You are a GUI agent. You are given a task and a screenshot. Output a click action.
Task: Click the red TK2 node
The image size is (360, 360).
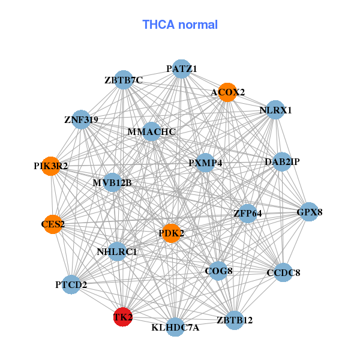click(x=122, y=317)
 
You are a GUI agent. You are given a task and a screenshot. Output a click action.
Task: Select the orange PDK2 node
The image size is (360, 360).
click(x=172, y=233)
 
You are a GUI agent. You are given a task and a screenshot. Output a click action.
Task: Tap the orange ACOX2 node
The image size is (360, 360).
click(x=227, y=92)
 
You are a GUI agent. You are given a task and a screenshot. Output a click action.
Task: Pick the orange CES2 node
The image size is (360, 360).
click(x=53, y=224)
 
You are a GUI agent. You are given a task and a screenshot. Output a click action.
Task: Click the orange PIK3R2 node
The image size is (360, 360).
click(x=51, y=166)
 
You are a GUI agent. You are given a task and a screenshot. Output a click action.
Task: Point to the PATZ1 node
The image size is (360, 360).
click(x=182, y=69)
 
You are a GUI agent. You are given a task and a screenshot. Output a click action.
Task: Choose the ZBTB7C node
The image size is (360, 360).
click(x=123, y=80)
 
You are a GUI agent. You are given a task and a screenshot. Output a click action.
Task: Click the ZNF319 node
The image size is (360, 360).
click(x=81, y=120)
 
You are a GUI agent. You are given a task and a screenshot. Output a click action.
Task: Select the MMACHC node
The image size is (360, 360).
click(x=151, y=132)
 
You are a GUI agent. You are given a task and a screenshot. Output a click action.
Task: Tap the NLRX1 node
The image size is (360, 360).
click(x=275, y=110)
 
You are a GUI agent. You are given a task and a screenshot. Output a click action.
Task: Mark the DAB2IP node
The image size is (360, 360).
click(x=282, y=162)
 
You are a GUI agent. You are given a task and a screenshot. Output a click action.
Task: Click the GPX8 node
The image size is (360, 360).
click(x=310, y=212)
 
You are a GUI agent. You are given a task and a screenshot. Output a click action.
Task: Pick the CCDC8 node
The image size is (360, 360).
click(x=283, y=273)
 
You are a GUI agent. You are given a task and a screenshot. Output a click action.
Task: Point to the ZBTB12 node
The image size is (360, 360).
click(x=235, y=320)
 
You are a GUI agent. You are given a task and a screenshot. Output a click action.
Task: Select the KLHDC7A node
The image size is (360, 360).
click(x=175, y=327)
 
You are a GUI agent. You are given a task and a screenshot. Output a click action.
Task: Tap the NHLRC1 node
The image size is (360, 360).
click(x=117, y=251)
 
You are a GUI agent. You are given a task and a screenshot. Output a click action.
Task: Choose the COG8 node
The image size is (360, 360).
click(x=218, y=271)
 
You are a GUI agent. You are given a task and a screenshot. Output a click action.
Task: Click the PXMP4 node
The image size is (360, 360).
click(x=205, y=163)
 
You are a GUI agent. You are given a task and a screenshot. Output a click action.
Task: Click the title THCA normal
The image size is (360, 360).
click(x=180, y=25)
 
